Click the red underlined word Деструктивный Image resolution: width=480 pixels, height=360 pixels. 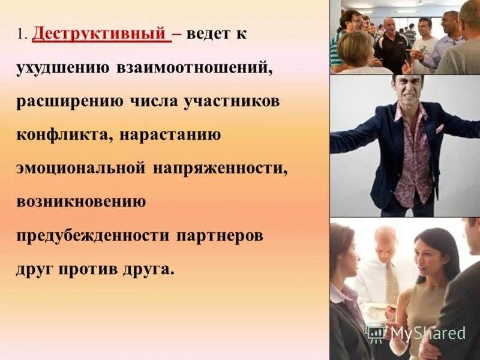(x=100, y=34)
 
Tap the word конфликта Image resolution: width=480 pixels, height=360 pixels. (x=61, y=134)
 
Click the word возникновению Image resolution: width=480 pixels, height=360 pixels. (x=81, y=202)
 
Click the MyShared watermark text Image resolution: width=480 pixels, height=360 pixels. (x=428, y=334)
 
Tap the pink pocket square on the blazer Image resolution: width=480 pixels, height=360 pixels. (x=440, y=128)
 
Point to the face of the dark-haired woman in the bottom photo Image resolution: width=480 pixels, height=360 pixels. (x=429, y=256)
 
